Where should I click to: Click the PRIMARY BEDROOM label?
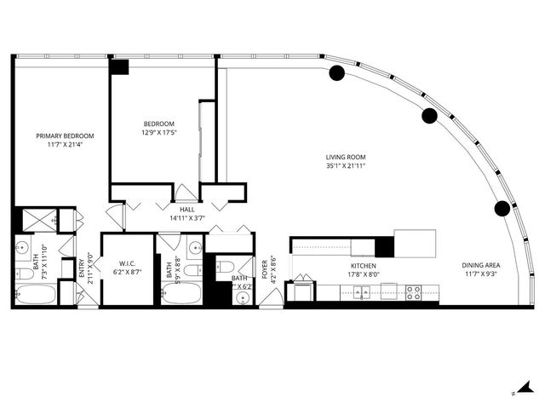click(65, 135)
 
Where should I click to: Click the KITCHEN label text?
click(364, 266)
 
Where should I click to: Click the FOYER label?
click(265, 269)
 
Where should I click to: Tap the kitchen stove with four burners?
click(414, 292)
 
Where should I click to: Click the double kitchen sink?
click(362, 293)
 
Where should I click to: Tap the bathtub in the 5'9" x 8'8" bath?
click(180, 296)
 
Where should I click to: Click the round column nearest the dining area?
click(502, 207)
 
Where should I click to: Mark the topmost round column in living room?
click(336, 73)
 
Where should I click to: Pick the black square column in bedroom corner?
click(118, 66)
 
